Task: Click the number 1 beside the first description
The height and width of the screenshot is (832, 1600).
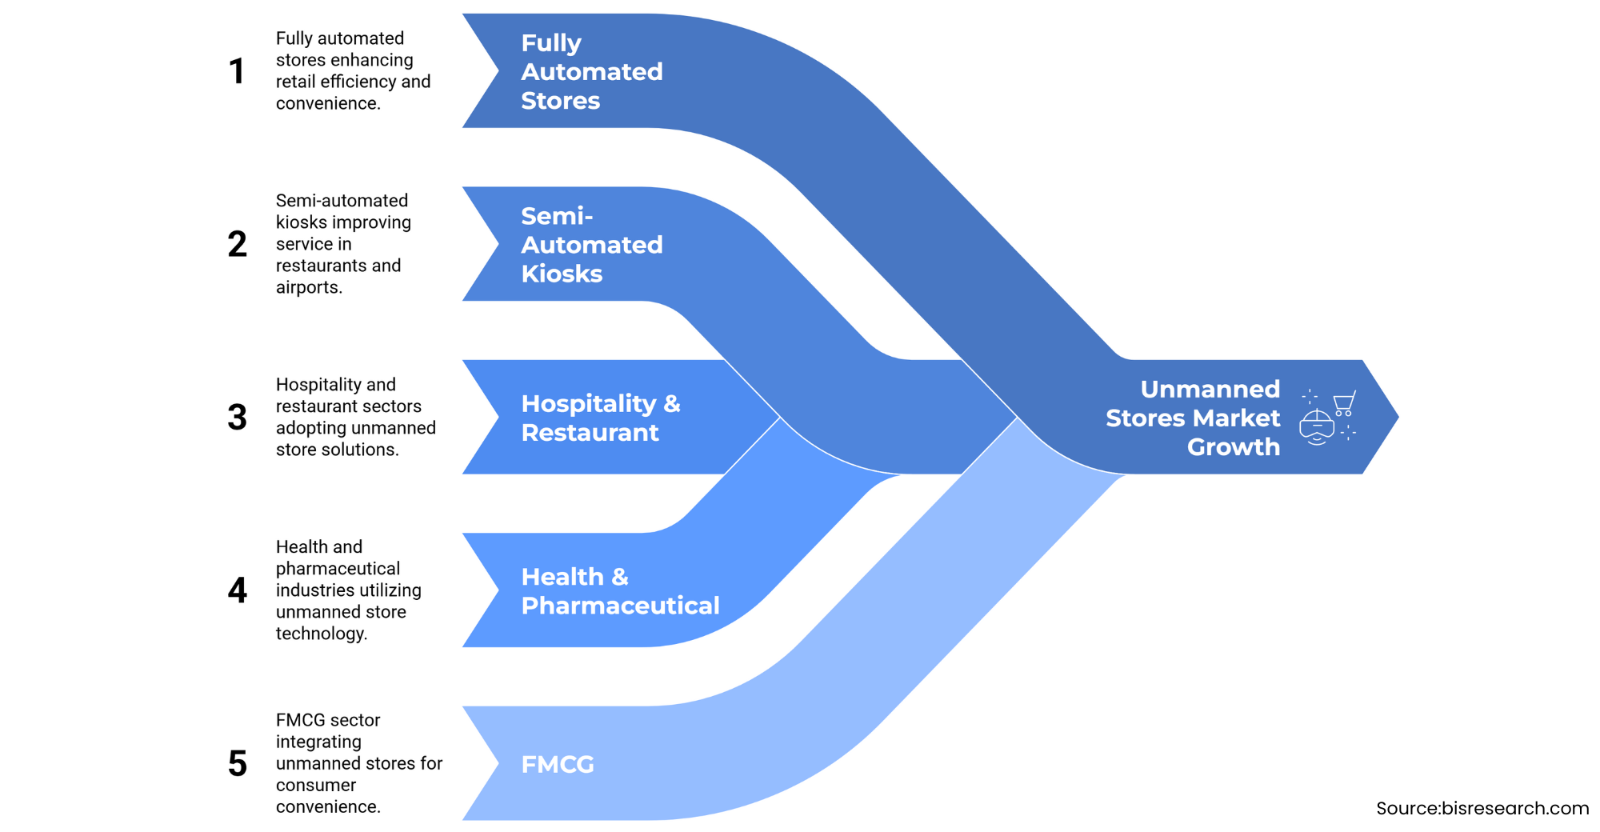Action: pos(237,71)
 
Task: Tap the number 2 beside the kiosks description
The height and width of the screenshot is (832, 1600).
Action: pos(237,244)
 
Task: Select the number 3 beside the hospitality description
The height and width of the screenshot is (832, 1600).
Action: pos(237,417)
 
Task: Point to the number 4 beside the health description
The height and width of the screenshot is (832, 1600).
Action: pos(237,590)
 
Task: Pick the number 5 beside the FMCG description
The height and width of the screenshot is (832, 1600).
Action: pos(237,763)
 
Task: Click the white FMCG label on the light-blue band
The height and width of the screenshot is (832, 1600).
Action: pos(558,764)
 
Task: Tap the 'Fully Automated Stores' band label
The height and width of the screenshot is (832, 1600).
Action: pos(591,71)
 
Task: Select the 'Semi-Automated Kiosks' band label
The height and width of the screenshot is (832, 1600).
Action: pos(591,245)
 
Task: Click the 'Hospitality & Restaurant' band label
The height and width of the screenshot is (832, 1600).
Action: pos(600,418)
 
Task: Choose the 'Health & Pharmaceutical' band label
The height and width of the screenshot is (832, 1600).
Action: pos(620,591)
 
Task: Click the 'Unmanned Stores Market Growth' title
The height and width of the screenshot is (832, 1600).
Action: pos(1194,418)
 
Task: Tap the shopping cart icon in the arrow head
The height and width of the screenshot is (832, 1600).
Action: pos(1344,402)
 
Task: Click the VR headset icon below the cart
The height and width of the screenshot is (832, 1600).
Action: pos(1317,427)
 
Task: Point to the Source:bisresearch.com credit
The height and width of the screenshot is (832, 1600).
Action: pos(1482,808)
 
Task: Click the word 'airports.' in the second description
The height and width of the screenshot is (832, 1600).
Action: pos(309,287)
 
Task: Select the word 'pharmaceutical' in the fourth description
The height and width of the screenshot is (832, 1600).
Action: pos(338,569)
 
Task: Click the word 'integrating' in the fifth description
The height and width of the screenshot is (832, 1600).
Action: pos(318,742)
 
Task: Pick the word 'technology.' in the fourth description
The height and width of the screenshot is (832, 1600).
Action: pos(321,634)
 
